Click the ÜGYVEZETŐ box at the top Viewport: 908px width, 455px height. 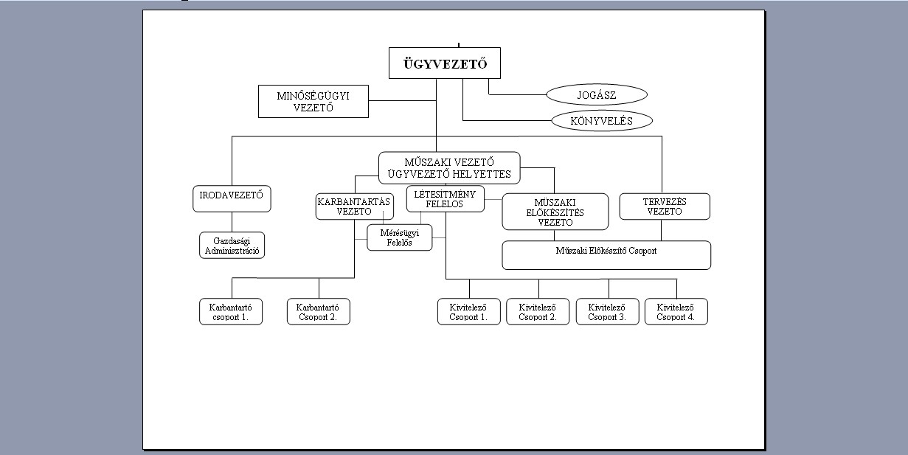click(x=445, y=63)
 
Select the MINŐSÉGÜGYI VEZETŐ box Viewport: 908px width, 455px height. click(x=313, y=101)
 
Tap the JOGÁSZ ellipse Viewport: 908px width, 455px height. click(x=597, y=95)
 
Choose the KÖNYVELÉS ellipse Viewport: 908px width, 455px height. click(x=602, y=121)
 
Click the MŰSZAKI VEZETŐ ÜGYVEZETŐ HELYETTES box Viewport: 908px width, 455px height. click(x=449, y=168)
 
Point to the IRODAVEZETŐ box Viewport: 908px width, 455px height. click(x=232, y=198)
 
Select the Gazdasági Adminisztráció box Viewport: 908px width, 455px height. click(x=232, y=245)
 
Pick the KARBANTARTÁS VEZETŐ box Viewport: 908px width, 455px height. click(x=355, y=206)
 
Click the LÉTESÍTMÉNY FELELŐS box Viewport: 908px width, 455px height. click(x=445, y=199)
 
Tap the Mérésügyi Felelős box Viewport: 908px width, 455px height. click(x=400, y=238)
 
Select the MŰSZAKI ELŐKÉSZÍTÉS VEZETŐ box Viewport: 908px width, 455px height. click(x=555, y=212)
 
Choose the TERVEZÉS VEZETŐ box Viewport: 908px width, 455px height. click(x=665, y=206)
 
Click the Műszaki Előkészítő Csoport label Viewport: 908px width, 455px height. click(x=606, y=251)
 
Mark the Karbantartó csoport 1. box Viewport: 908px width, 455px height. click(x=231, y=312)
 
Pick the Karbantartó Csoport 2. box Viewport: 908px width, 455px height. click(x=319, y=312)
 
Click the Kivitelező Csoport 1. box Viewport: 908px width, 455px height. click(x=469, y=312)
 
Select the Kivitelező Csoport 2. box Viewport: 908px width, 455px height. click(x=538, y=312)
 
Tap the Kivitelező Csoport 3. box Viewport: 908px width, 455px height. click(x=608, y=312)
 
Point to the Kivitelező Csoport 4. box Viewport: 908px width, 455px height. click(x=676, y=312)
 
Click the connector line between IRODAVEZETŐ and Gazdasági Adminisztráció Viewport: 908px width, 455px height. click(x=232, y=222)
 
